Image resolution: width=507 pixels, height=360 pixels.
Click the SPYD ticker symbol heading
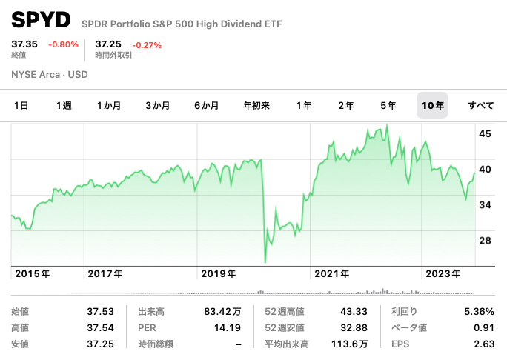tap(41, 20)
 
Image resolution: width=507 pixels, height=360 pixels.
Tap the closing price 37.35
tap(23, 44)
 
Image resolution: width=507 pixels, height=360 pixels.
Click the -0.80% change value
tap(63, 44)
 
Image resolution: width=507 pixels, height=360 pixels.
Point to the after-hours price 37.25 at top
tap(107, 44)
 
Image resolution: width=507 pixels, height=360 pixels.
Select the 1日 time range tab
tap(21, 106)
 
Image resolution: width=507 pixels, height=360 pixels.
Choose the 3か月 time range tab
tap(157, 106)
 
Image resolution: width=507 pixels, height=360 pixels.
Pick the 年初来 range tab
tap(256, 106)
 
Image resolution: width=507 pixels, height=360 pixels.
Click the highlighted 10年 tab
tap(432, 106)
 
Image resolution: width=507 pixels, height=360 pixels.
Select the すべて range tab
tap(481, 106)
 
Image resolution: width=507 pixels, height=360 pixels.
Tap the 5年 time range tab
tap(388, 106)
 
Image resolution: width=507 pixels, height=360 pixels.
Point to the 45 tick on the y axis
tap(486, 134)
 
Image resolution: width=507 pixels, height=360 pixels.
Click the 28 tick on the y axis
tap(486, 241)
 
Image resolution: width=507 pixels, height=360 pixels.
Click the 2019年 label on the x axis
tap(219, 273)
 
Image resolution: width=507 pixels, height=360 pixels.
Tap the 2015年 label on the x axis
tap(32, 273)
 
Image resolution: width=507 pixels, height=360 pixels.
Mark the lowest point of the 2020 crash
tap(265, 261)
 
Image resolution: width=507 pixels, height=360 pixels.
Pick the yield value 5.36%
tap(479, 312)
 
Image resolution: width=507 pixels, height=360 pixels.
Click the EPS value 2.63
tap(483, 344)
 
